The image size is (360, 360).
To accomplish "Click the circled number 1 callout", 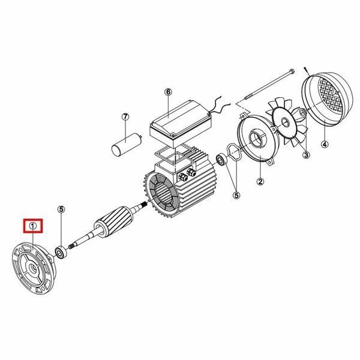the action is tap(33, 226).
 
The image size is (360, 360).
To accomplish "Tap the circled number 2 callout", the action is tap(260, 182).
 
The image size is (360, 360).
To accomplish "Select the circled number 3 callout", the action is tap(306, 155).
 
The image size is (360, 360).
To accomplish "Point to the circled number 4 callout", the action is tap(325, 145).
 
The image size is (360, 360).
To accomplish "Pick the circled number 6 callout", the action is tap(168, 92).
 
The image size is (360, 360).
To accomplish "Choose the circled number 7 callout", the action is tap(125, 117).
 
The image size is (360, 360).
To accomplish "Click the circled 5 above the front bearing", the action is tap(61, 209).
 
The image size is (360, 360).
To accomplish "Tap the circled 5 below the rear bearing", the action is tap(236, 196).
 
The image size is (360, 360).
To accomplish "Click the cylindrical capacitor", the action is tap(126, 145).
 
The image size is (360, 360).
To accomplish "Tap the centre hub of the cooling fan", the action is tap(286, 122).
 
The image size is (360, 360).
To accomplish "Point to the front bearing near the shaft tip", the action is tap(61, 253).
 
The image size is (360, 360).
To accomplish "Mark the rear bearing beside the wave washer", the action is tap(221, 160).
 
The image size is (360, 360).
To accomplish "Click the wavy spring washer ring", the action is tap(234, 152).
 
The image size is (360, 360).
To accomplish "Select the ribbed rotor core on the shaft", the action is tap(113, 222).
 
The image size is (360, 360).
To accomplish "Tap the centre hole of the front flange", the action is tap(32, 268).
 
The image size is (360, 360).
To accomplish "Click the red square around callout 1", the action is tap(33, 226).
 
